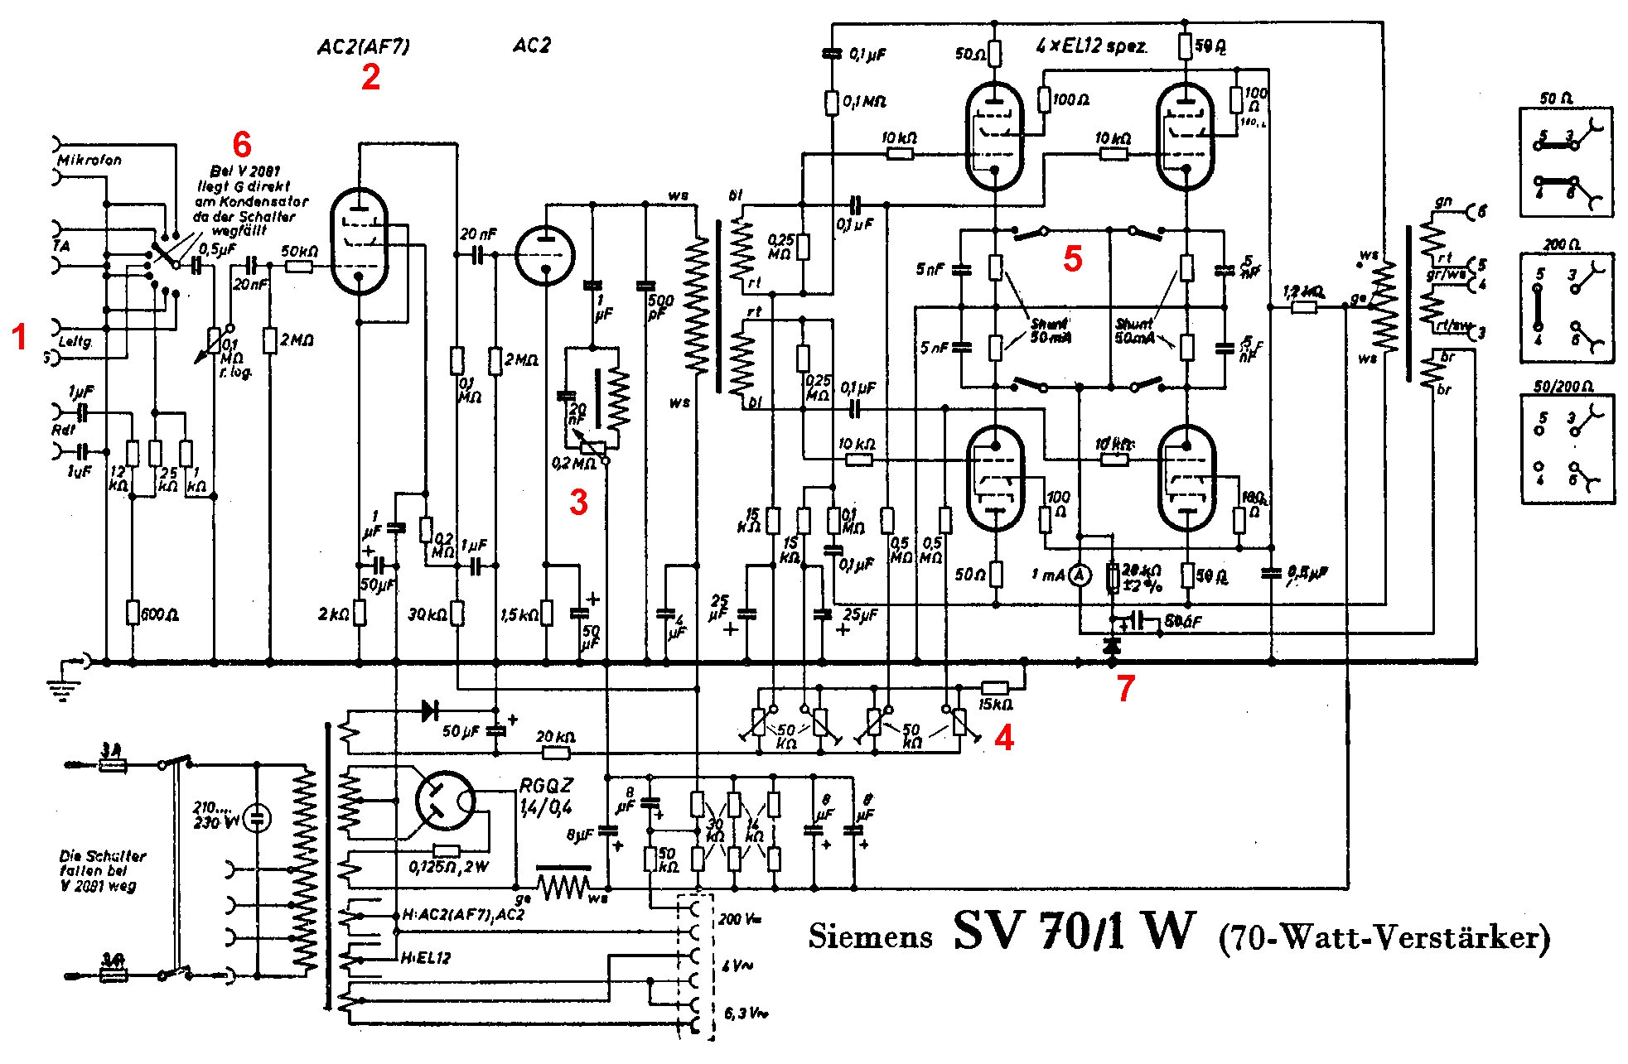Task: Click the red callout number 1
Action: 20,337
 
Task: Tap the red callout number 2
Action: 370,77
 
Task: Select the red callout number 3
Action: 578,502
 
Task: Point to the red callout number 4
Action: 1004,738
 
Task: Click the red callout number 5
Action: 1073,259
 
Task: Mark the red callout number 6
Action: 242,145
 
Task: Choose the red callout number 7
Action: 1125,688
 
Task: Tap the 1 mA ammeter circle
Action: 1079,575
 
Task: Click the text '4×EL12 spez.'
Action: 1092,46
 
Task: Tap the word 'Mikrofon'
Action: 89,160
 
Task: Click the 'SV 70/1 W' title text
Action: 1075,932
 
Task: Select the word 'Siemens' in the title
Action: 870,936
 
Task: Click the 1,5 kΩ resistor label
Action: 519,614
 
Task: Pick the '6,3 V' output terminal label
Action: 742,1013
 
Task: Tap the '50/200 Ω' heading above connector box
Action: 1563,387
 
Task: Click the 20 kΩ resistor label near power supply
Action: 555,736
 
